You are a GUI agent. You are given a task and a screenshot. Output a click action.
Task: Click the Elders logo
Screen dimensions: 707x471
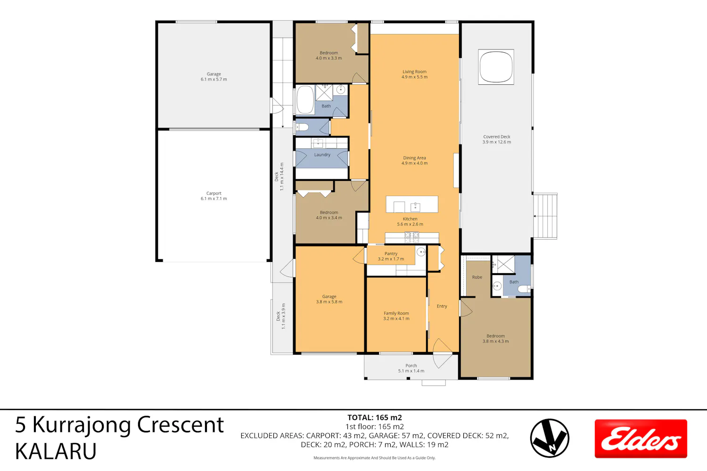(641, 439)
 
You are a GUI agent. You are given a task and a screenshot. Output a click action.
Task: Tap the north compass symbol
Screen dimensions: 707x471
(550, 438)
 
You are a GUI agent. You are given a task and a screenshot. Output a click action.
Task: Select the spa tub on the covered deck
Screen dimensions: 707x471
(496, 67)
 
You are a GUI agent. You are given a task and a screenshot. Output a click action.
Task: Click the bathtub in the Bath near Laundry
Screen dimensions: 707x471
(305, 100)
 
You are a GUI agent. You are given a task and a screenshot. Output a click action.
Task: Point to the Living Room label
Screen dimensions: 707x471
(414, 74)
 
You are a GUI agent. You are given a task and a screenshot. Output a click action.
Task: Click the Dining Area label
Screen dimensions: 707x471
(414, 160)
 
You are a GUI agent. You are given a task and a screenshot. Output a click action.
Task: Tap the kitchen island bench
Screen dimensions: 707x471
(412, 204)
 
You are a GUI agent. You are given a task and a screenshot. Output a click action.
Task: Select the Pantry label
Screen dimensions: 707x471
(391, 256)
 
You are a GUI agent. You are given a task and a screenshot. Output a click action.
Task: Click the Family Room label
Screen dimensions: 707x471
(396, 316)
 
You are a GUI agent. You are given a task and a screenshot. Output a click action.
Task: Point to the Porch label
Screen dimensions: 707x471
(411, 368)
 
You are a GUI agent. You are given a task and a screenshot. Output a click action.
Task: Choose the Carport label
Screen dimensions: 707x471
(214, 196)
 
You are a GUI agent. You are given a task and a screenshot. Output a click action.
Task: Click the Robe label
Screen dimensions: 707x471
(477, 277)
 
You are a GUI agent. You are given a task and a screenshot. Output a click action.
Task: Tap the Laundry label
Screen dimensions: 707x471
(322, 154)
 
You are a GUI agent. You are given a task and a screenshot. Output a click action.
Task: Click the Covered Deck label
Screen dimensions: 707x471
(496, 139)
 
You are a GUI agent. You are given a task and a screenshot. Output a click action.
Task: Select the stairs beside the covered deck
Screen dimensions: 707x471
(545, 216)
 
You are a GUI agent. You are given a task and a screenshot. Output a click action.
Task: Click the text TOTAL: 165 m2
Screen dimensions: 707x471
(375, 417)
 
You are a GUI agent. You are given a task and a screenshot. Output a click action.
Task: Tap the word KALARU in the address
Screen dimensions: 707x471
(56, 451)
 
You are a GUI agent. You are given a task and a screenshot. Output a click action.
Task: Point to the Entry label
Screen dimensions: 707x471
(442, 306)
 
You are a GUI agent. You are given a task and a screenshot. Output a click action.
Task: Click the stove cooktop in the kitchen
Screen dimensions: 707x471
(411, 237)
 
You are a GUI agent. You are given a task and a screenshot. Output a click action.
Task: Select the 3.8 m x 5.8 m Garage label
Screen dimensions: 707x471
(329, 299)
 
